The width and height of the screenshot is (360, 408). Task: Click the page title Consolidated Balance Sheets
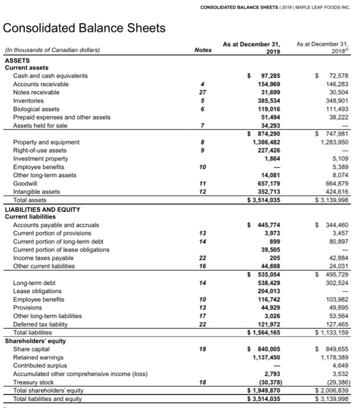pos(84,28)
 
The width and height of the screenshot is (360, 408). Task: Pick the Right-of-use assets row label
pos(42,150)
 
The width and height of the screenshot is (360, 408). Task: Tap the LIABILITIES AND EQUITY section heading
pos(43,209)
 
